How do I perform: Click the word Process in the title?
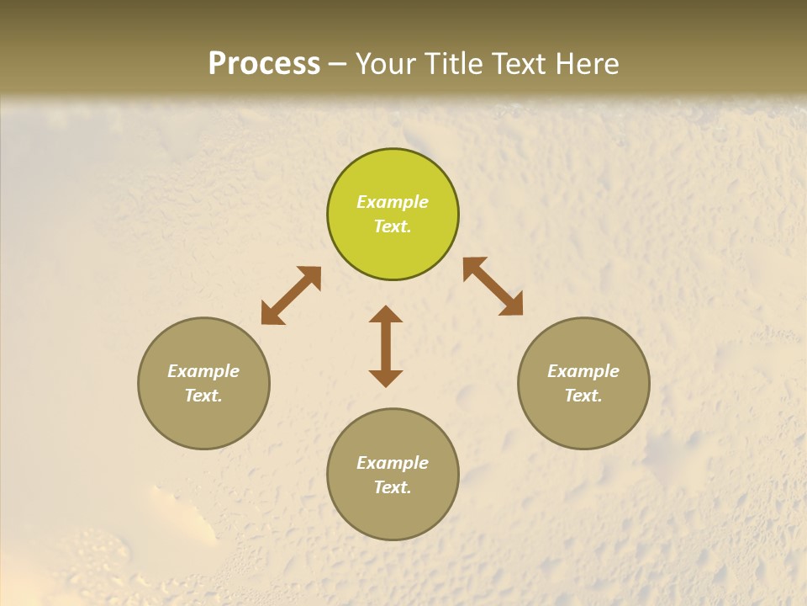coord(264,64)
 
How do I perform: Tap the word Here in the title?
coord(588,64)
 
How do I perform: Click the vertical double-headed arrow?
coord(386,346)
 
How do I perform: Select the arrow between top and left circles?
coord(291,295)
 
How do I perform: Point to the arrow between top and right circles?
coord(493,286)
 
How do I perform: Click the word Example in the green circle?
coord(393,202)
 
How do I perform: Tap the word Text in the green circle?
coord(393,226)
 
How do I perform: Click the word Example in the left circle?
coord(203,371)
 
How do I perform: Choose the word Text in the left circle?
coord(203,396)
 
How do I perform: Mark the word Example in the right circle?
coord(583,371)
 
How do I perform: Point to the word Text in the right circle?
coord(583,396)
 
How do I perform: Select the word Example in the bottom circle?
coord(393,463)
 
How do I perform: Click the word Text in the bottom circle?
coord(393,487)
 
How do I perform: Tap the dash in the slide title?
coord(338,65)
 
